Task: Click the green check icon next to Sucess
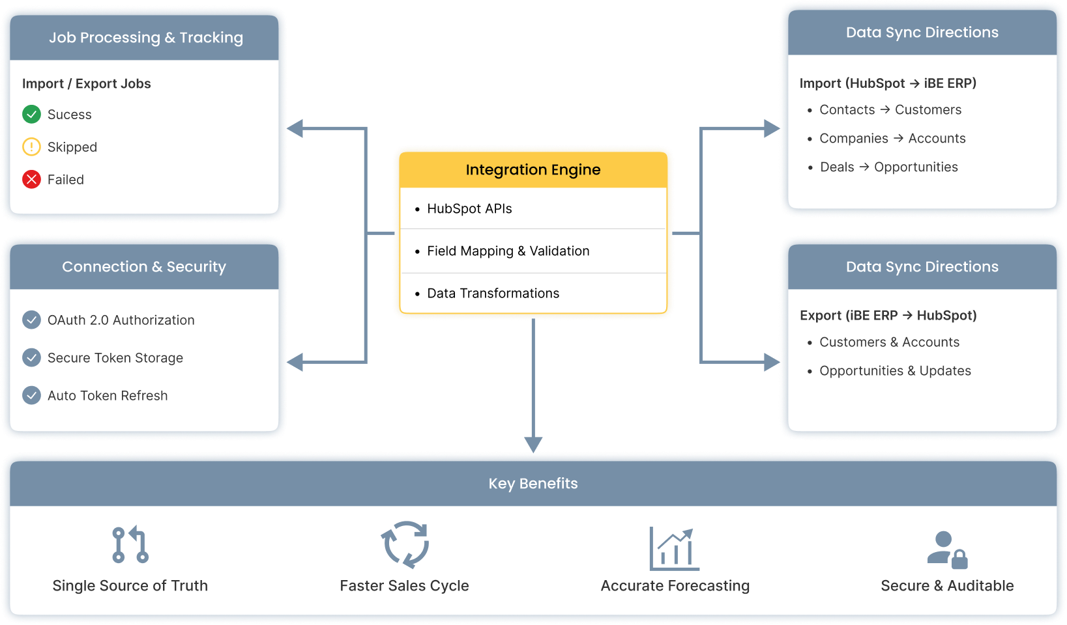click(31, 115)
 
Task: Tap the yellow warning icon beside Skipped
click(31, 147)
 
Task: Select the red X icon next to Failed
click(31, 180)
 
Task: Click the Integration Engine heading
click(533, 170)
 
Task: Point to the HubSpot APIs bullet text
click(469, 209)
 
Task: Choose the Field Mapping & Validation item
click(508, 251)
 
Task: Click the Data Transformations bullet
click(493, 294)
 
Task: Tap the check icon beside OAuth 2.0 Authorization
click(31, 320)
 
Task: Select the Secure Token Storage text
click(115, 358)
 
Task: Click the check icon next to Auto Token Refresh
click(31, 395)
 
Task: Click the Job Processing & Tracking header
click(145, 38)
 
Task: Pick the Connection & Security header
click(144, 267)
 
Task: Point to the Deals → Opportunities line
click(888, 167)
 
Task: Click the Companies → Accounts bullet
click(892, 139)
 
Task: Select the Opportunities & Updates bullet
click(895, 371)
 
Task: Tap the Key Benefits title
click(533, 484)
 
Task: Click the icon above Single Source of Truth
click(130, 544)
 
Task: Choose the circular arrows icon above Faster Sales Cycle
click(405, 544)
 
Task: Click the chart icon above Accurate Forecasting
click(674, 548)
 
